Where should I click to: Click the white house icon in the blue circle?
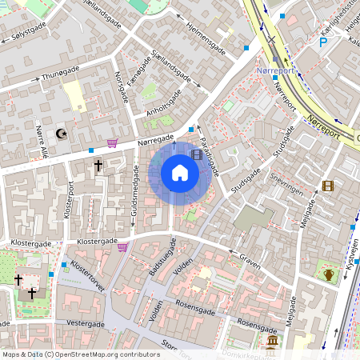[x=180, y=173]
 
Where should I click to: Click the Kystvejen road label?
[x=353, y=258]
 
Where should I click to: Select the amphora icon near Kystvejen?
[x=328, y=275]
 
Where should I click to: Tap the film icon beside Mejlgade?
[x=327, y=186]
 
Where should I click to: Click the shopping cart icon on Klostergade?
[x=122, y=247]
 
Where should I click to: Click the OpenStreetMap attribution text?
[x=80, y=354]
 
